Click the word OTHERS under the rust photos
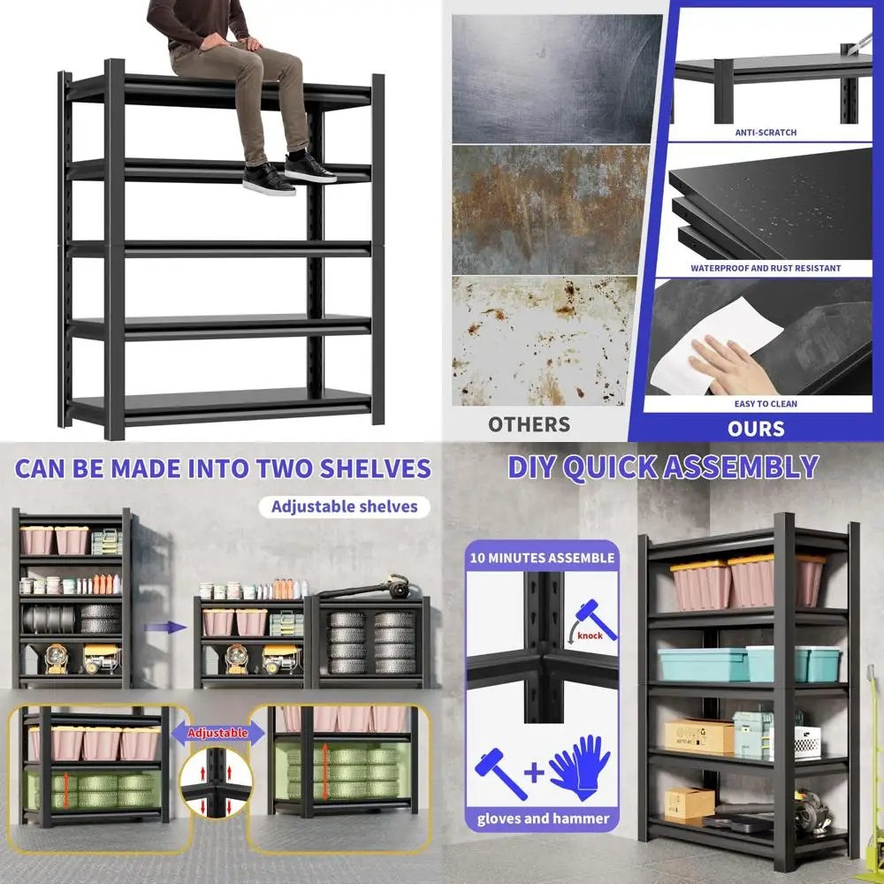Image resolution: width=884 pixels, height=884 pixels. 529,424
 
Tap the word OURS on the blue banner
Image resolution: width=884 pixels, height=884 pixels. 757,429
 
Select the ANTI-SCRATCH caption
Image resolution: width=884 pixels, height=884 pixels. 766,133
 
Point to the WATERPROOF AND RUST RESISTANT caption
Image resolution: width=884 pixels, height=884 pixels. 766,268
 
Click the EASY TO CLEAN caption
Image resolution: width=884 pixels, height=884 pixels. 766,404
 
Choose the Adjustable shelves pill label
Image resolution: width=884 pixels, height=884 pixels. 345,507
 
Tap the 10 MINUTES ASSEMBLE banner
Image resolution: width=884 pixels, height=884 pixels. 542,558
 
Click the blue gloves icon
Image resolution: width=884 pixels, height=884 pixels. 579,768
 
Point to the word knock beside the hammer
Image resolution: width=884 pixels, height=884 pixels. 590,635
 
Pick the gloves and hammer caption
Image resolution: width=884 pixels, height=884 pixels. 543,818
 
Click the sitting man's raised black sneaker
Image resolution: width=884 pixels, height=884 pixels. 311,170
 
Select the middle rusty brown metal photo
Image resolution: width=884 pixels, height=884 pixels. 544,209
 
